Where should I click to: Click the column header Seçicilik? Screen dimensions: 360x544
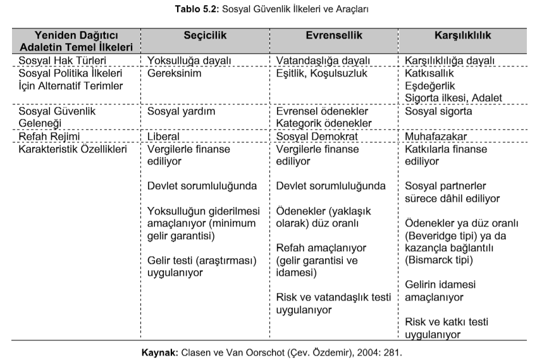point(205,35)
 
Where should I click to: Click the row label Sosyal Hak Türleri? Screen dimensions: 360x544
point(62,61)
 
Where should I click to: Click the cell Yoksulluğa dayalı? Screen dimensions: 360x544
point(189,61)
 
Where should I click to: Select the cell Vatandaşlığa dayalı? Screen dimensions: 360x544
point(323,61)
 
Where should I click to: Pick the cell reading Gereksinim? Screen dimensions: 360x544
point(175,73)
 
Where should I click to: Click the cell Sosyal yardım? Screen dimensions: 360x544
point(182,111)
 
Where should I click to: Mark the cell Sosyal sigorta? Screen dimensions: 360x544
point(438,111)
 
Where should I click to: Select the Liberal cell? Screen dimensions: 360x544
point(163,136)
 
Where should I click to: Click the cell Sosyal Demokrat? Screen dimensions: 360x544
point(318,136)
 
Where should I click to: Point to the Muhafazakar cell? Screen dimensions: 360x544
point(436,136)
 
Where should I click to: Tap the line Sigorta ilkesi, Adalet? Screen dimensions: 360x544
point(454,97)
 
